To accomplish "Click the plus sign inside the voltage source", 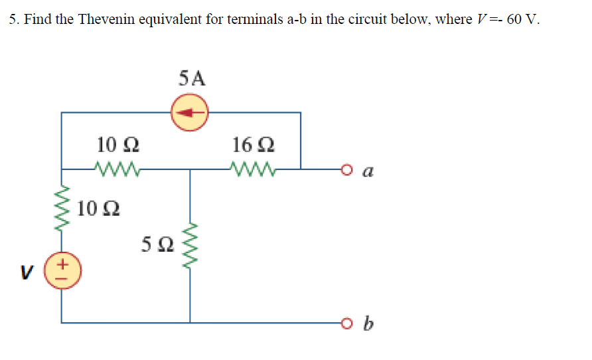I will [62, 265].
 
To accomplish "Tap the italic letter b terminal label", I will [369, 324].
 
